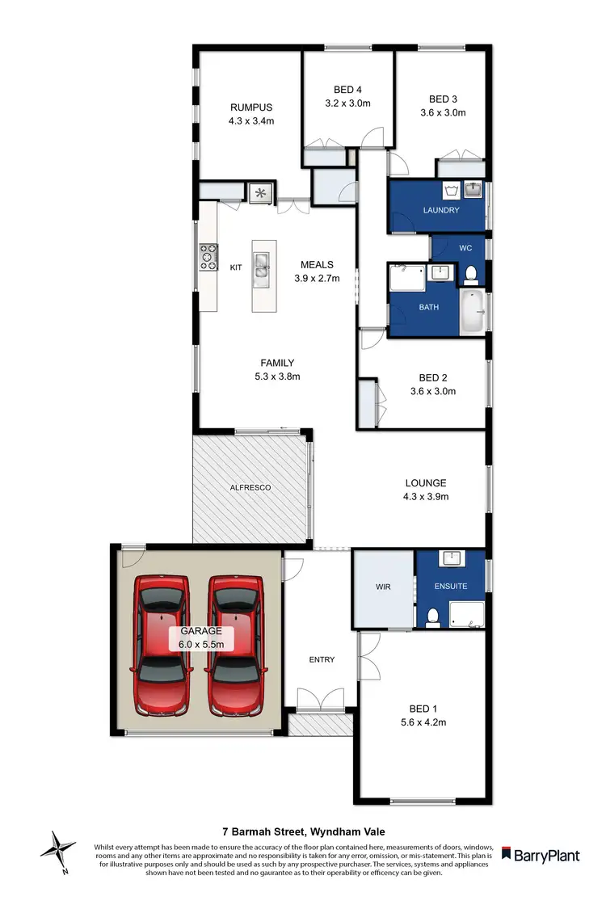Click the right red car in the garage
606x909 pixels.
(236, 646)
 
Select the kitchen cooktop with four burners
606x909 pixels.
(208, 257)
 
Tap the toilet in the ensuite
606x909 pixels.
(432, 617)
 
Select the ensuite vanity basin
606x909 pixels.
(450, 559)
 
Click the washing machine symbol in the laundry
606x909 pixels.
(452, 191)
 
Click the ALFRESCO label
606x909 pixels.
(251, 488)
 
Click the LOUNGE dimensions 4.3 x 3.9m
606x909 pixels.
(426, 497)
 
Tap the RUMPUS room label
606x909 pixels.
(250, 107)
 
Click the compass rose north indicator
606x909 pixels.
(58, 851)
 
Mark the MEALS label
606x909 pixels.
(317, 264)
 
